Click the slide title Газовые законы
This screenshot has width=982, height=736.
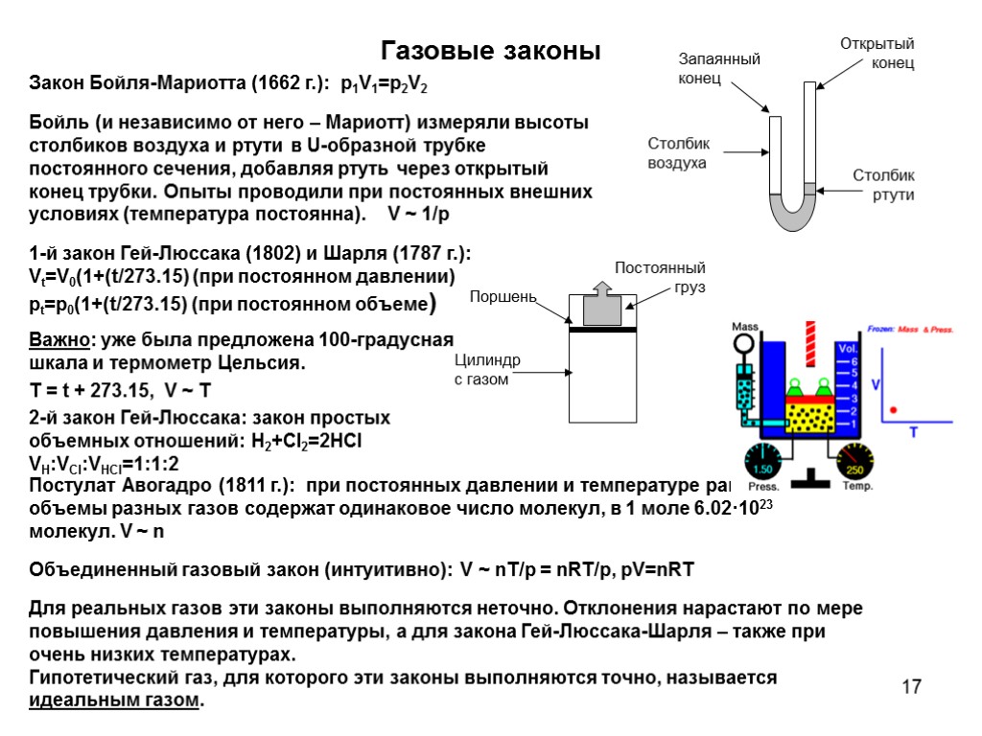pyautogui.click(x=491, y=50)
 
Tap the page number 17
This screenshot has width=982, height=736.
pyautogui.click(x=911, y=686)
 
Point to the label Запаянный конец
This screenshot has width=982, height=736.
pyautogui.click(x=718, y=68)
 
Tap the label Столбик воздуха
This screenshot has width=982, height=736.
pyautogui.click(x=678, y=153)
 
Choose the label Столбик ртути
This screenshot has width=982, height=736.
pyautogui.click(x=883, y=185)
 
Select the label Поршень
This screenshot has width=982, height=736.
pyautogui.click(x=502, y=297)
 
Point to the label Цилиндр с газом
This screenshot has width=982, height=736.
pyautogui.click(x=486, y=369)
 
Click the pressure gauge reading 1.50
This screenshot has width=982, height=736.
pyautogui.click(x=761, y=469)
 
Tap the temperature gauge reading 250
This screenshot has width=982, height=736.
pyautogui.click(x=856, y=469)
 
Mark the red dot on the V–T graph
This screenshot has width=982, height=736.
pyautogui.click(x=894, y=409)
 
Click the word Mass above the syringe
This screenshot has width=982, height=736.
pyautogui.click(x=745, y=328)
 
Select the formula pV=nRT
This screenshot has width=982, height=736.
pyautogui.click(x=659, y=569)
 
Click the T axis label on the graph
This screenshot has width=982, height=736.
pyautogui.click(x=913, y=432)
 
